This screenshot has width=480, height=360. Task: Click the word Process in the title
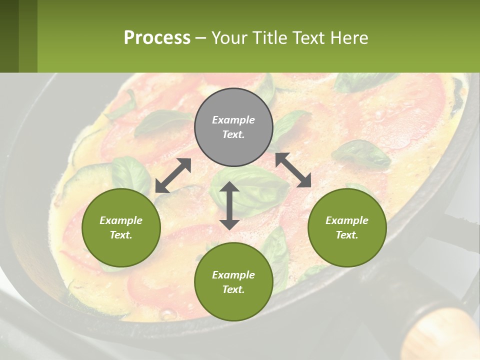click(x=157, y=38)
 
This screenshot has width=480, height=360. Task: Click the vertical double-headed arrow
click(x=229, y=205)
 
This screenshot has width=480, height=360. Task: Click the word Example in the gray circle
click(x=233, y=120)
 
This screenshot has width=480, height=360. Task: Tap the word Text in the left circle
click(x=121, y=235)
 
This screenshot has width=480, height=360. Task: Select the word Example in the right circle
click(x=347, y=220)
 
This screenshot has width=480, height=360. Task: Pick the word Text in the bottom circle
click(x=233, y=289)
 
